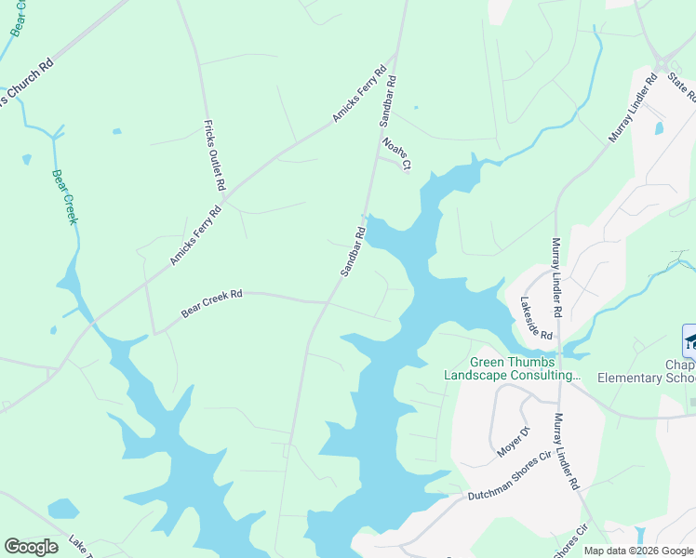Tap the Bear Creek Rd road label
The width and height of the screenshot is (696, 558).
coord(211,304)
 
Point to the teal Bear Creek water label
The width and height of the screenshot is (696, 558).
coord(63,196)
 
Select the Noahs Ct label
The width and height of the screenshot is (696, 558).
coord(396,153)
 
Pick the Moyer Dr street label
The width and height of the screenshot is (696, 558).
coord(512,441)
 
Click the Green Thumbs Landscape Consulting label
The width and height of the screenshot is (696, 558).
coord(524,369)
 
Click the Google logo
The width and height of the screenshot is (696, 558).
coord(32,547)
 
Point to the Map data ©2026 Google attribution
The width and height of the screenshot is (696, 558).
coord(637,551)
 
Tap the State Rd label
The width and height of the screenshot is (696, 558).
coord(682,91)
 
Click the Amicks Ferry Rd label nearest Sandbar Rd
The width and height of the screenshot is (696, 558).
coord(359,95)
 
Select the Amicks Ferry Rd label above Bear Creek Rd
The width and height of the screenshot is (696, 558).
coord(195,235)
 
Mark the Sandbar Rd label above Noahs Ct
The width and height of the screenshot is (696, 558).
coord(389,100)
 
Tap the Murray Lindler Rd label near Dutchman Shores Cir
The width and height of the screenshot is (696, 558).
coord(567,453)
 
